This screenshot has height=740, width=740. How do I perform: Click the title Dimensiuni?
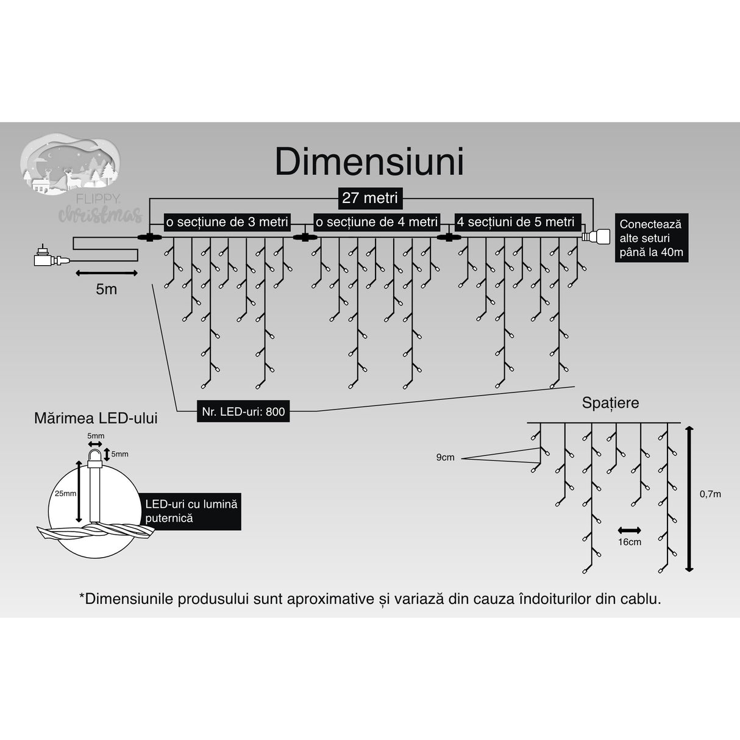coord(369,162)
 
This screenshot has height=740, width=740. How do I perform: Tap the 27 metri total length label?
coord(369,198)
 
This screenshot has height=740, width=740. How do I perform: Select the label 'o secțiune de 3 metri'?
coord(227,222)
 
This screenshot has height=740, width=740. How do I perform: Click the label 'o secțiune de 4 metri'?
coord(376,222)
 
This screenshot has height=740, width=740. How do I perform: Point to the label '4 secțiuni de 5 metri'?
coord(516,222)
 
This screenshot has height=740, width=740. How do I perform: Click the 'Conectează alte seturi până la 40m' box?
coord(650,238)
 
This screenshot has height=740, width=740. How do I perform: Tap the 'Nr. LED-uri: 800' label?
coord(243,411)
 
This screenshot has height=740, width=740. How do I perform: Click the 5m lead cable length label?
coord(106,289)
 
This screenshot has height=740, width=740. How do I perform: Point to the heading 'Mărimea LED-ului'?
coord(96,418)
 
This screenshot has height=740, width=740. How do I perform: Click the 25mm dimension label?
coord(65,493)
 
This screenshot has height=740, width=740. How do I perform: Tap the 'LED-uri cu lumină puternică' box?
coord(191,511)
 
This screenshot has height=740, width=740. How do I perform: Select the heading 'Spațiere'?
coord(610,403)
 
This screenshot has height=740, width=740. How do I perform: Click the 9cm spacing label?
coord(445,457)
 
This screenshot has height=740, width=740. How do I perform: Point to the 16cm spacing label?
coord(630,542)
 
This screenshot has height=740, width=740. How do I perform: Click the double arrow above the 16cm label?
coord(629,530)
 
